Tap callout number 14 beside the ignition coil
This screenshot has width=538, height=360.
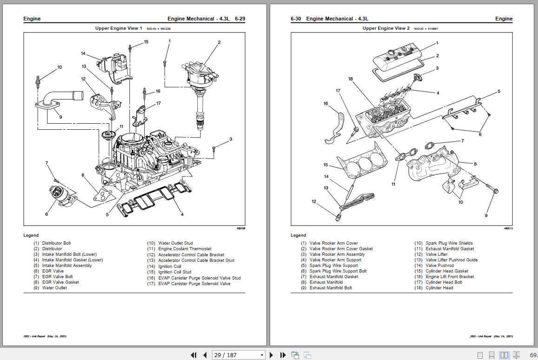coord(83,53)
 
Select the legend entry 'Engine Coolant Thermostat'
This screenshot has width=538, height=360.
coord(185,249)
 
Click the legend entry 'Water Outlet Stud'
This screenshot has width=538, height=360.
coord(175,243)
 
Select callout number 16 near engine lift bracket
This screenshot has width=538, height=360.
coord(325,104)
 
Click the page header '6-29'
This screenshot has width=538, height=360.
coord(240,19)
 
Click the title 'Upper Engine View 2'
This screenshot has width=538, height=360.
coord(386,28)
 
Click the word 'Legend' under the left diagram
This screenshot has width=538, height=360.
coord(31,235)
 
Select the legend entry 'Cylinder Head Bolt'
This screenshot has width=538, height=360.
coord(444,282)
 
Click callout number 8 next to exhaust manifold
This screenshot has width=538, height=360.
coord(475,164)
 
